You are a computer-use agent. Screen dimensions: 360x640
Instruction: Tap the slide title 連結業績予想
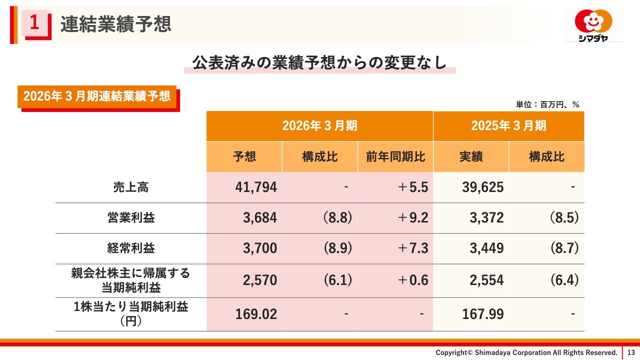(115, 24)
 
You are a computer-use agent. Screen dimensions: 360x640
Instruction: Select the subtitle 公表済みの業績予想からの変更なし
(319, 62)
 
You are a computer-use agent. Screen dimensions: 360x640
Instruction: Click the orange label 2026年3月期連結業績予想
(97, 96)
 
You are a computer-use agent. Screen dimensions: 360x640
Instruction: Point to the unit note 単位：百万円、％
(547, 104)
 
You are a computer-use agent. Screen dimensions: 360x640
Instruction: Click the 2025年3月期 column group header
(508, 125)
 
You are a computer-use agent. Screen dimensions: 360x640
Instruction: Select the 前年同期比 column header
(395, 157)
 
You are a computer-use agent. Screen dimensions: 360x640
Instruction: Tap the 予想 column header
(244, 157)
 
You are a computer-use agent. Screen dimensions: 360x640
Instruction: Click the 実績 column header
(471, 157)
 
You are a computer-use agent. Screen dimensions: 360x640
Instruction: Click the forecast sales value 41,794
(256, 187)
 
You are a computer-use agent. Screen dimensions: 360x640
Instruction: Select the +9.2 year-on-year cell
(412, 218)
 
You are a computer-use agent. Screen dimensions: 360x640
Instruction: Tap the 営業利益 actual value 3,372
(486, 218)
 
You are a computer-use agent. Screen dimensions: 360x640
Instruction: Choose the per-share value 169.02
(256, 314)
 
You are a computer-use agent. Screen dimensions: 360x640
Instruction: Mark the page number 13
(630, 352)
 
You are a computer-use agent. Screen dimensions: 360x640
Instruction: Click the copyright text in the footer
(526, 352)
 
